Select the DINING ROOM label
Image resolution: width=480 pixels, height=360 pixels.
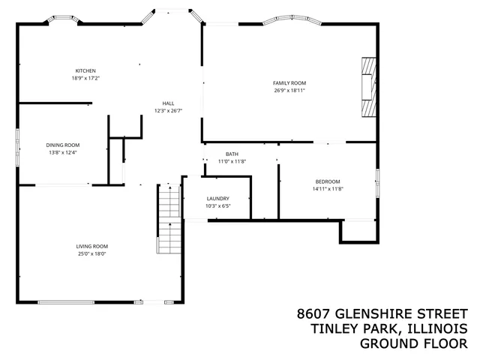tap(63, 145)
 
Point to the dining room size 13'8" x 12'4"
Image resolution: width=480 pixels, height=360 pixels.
tap(63, 152)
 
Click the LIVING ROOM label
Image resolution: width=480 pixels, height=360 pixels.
tap(91, 246)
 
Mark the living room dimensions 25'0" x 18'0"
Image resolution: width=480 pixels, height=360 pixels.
tap(91, 253)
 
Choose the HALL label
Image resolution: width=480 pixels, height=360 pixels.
tap(168, 103)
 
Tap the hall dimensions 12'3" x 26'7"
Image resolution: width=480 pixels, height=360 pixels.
tap(168, 110)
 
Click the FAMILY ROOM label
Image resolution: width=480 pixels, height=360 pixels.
tap(289, 82)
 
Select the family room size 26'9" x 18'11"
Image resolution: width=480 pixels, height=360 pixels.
tap(289, 90)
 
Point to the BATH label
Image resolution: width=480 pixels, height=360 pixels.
tap(232, 154)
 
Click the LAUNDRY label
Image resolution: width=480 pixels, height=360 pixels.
tap(217, 198)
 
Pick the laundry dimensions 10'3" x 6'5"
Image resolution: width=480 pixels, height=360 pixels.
tap(217, 205)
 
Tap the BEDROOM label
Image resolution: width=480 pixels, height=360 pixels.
tap(328, 181)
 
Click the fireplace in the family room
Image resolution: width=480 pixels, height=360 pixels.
tap(367, 86)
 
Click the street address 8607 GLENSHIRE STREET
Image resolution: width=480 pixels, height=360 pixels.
tap(382, 313)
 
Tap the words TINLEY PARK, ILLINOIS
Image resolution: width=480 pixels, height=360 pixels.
tap(388, 328)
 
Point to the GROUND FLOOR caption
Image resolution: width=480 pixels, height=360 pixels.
tap(413, 343)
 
